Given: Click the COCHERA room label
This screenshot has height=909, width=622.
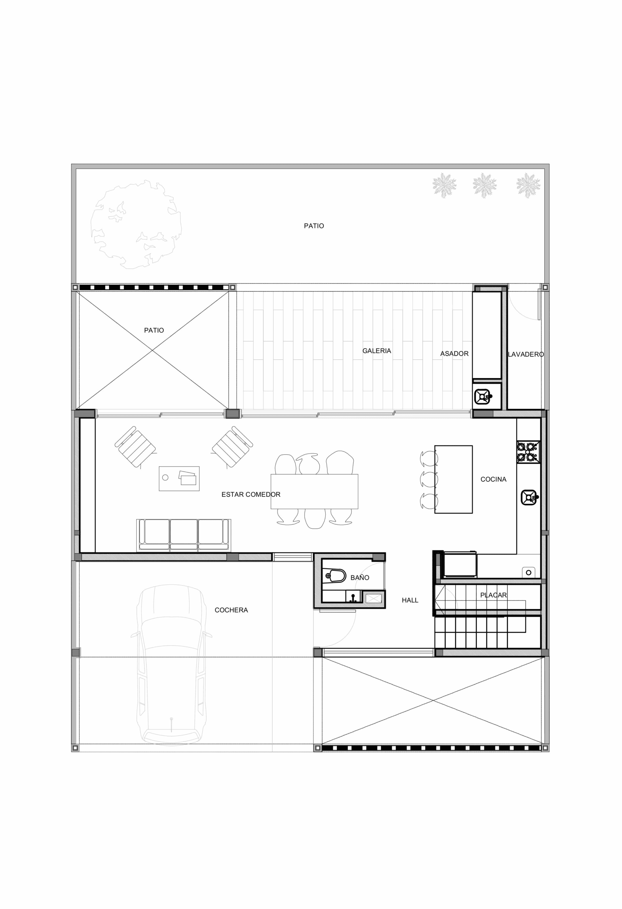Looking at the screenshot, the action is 231,610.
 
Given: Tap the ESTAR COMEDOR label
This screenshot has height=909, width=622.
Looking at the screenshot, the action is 251,494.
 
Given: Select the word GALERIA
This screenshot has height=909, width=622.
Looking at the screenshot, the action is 377,351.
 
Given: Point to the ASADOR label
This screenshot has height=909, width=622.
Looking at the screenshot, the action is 454,354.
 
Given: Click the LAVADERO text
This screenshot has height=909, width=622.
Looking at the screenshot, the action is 526,354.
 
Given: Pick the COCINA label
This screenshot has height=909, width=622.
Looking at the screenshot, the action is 493,479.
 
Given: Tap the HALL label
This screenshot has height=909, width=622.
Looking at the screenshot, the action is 410,600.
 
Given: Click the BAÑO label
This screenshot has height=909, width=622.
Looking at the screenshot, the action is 360,577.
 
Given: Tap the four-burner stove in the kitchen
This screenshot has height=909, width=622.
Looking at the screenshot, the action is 529,452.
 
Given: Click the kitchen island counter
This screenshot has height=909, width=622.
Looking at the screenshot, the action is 453,479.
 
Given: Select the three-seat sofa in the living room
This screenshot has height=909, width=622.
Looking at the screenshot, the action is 184,535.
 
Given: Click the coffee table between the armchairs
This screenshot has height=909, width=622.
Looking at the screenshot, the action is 179,478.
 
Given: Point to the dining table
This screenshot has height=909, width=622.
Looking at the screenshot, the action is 314,491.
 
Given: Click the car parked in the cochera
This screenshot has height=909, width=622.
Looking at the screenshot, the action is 171,665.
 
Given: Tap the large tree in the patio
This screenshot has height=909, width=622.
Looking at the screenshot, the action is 136,224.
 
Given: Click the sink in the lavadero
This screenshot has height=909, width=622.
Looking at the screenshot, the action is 483,397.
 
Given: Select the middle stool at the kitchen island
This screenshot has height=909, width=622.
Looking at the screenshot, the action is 429,479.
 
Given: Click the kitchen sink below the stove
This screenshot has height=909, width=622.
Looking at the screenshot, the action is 530,497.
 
